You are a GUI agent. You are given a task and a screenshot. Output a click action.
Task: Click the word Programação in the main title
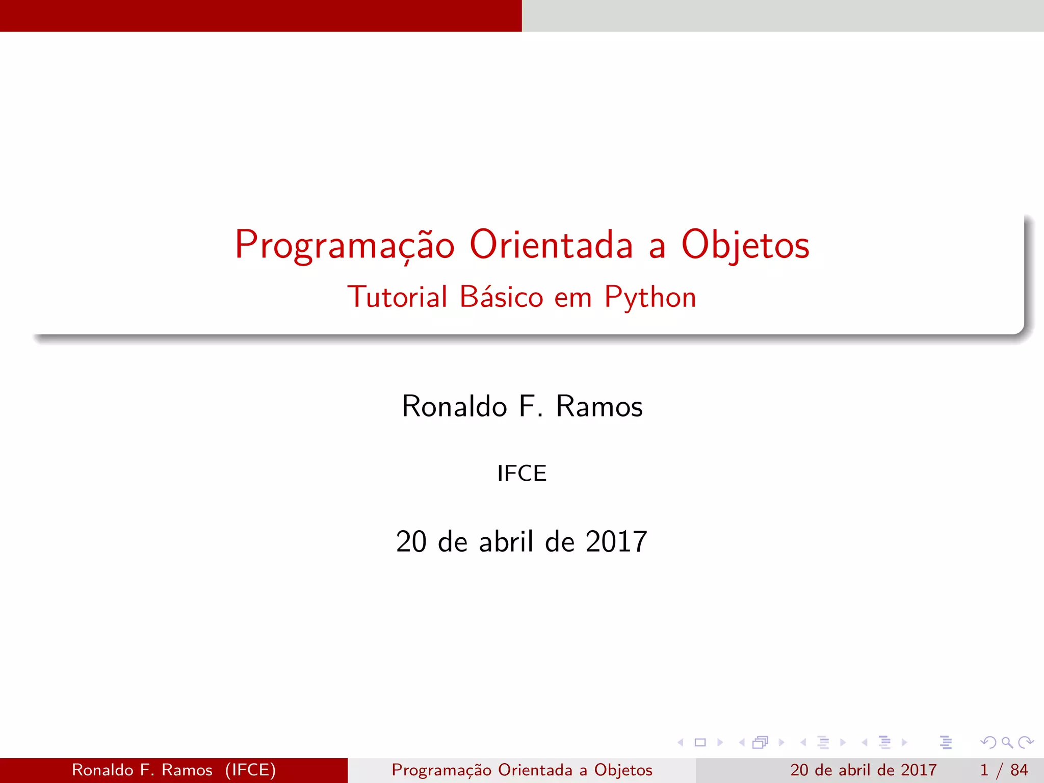click(x=344, y=246)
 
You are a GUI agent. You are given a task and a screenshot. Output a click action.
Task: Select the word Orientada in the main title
click(x=551, y=245)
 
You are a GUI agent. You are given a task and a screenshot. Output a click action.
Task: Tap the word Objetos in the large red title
click(x=745, y=246)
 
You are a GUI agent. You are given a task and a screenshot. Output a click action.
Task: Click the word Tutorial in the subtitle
click(x=397, y=297)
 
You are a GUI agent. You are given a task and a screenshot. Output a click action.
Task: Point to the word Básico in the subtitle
click(x=501, y=297)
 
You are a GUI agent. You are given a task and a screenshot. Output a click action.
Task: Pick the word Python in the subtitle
click(x=650, y=298)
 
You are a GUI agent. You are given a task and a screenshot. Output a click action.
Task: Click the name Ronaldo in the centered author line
click(x=454, y=406)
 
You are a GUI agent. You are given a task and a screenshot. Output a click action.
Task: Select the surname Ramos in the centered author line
click(x=599, y=406)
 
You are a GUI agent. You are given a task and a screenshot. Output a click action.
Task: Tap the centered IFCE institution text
click(x=521, y=474)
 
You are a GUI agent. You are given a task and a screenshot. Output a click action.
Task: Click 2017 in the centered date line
click(x=616, y=541)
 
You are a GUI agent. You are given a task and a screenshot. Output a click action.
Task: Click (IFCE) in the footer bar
click(x=250, y=770)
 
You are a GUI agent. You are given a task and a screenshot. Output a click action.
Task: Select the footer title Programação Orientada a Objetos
click(x=521, y=770)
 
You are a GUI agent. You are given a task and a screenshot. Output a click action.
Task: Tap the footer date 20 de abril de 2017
click(x=864, y=770)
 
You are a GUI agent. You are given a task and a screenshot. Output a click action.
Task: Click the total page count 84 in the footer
click(x=1019, y=770)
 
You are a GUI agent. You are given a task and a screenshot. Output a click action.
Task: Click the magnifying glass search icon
click(x=1007, y=742)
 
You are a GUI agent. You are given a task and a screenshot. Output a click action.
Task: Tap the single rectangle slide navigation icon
click(x=700, y=742)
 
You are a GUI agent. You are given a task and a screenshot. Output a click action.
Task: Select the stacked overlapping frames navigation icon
click(x=760, y=742)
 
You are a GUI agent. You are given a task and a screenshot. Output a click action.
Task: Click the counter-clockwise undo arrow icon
click(x=988, y=742)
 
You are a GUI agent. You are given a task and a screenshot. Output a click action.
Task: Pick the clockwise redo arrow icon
click(x=1025, y=742)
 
